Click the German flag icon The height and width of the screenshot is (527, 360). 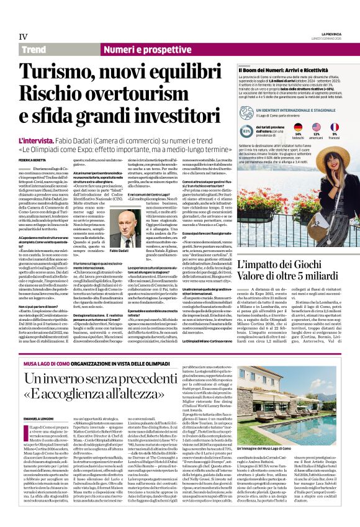298,127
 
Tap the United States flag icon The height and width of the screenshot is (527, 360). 316,127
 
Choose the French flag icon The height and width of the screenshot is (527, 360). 335,127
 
